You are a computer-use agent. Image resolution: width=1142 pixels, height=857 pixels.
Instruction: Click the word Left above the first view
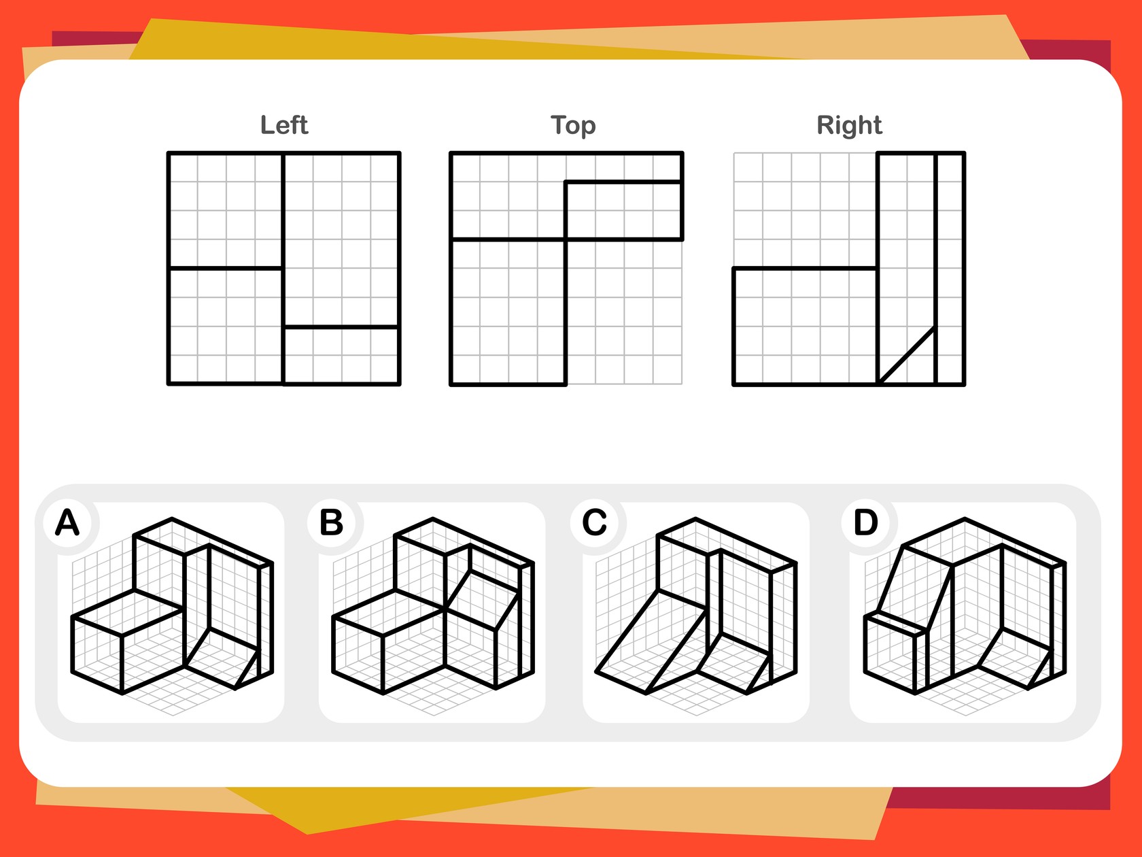[x=284, y=125]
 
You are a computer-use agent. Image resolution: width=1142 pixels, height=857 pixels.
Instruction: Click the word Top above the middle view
[x=573, y=126]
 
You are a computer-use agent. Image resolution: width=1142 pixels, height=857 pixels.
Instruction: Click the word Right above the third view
[x=849, y=126]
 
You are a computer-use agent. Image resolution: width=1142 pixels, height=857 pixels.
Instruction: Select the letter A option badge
[x=67, y=522]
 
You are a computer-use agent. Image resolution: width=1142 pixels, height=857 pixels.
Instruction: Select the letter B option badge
[x=332, y=522]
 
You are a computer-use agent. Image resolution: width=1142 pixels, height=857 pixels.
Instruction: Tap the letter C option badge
[x=594, y=522]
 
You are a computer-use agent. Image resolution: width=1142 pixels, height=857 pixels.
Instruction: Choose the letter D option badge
[x=866, y=522]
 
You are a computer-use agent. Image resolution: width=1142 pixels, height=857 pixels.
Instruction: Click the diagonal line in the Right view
[x=907, y=356]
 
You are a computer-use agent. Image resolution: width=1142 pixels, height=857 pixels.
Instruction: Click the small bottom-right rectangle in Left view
[x=341, y=356]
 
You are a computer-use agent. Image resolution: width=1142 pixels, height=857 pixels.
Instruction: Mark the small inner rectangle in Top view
[x=624, y=211]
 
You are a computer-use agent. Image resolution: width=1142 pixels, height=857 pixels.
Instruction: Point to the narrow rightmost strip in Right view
[x=950, y=269]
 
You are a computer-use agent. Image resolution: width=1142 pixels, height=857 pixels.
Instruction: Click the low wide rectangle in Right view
[x=806, y=326]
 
